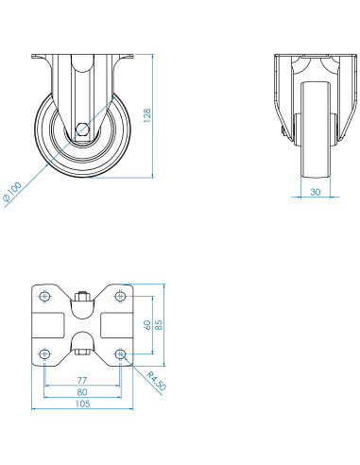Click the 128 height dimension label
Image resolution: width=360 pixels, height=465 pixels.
(x=147, y=115)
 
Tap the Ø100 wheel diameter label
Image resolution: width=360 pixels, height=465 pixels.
(x=12, y=192)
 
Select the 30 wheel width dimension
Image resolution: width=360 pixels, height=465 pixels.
(x=316, y=192)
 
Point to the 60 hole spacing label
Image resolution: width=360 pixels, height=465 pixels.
(x=147, y=325)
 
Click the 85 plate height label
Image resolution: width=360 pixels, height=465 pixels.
(x=159, y=325)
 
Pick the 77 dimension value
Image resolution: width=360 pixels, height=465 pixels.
(x=82, y=380)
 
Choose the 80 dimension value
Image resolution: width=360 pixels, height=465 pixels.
(x=82, y=392)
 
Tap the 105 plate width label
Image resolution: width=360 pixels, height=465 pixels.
(x=82, y=404)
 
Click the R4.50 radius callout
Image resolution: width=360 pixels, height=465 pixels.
(x=156, y=381)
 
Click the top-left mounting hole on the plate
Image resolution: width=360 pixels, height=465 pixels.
(x=44, y=296)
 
